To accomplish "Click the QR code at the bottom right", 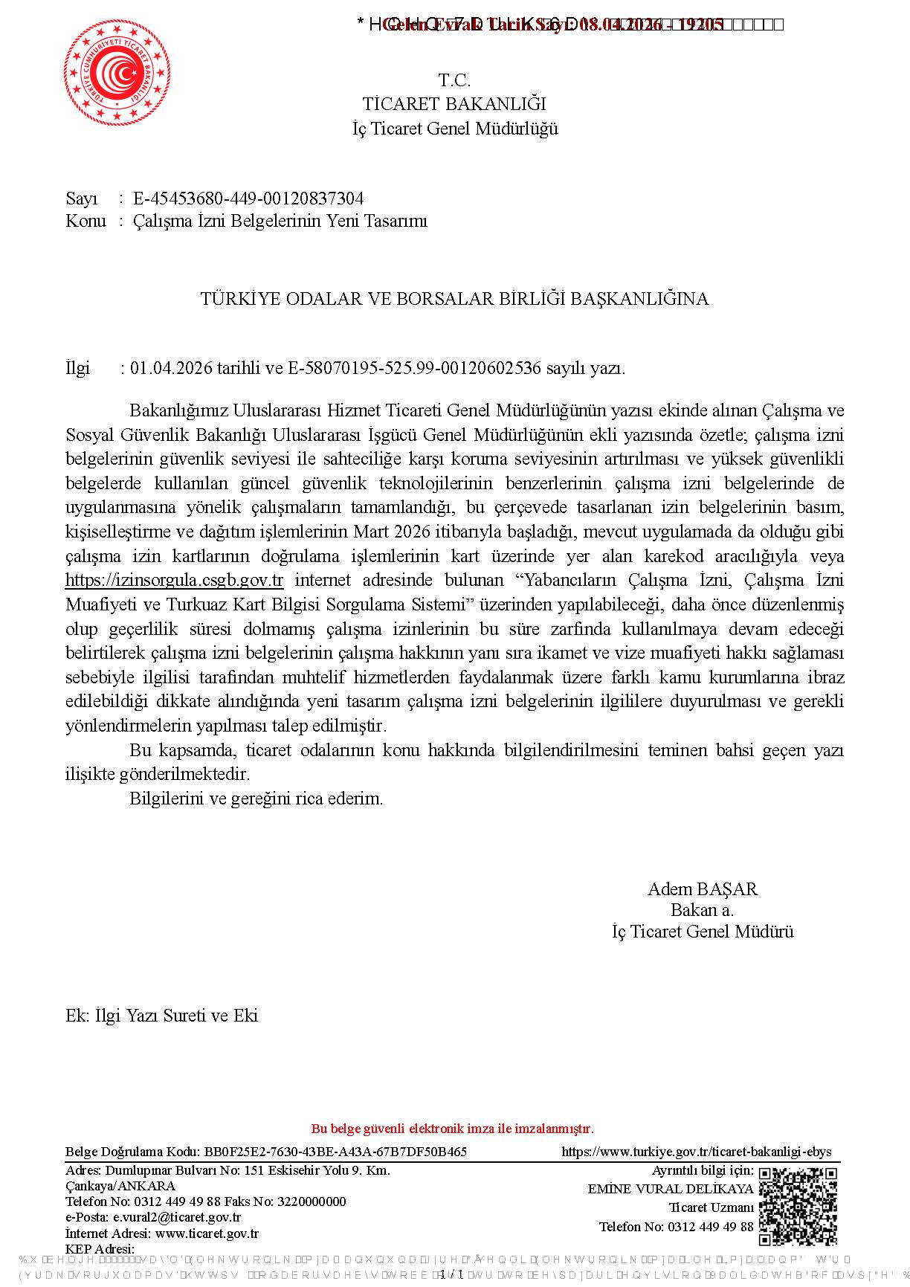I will pos(797,1206).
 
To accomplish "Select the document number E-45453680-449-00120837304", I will pos(248,199).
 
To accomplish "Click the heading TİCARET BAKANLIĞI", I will pos(454,104).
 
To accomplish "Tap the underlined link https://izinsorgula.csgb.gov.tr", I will pos(174,581).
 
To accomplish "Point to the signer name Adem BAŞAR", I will pos(702,889).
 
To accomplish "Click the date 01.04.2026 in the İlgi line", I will pos(171,368).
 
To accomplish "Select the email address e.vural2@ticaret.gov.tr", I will pos(177,1218).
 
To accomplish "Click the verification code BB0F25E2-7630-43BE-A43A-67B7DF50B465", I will pos(335,1152).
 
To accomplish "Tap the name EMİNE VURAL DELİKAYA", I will pos(670,1189).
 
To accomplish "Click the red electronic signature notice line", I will pos(452,1129).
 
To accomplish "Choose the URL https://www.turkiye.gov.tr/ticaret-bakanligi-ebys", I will pos(697,1152).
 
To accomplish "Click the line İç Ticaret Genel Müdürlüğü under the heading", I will pos(455,129).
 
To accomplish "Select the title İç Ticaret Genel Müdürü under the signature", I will pos(702,932).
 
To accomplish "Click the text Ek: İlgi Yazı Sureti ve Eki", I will pos(161,1016).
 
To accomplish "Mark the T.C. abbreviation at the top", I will pos(454,80).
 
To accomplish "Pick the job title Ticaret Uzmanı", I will pos(711,1207).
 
